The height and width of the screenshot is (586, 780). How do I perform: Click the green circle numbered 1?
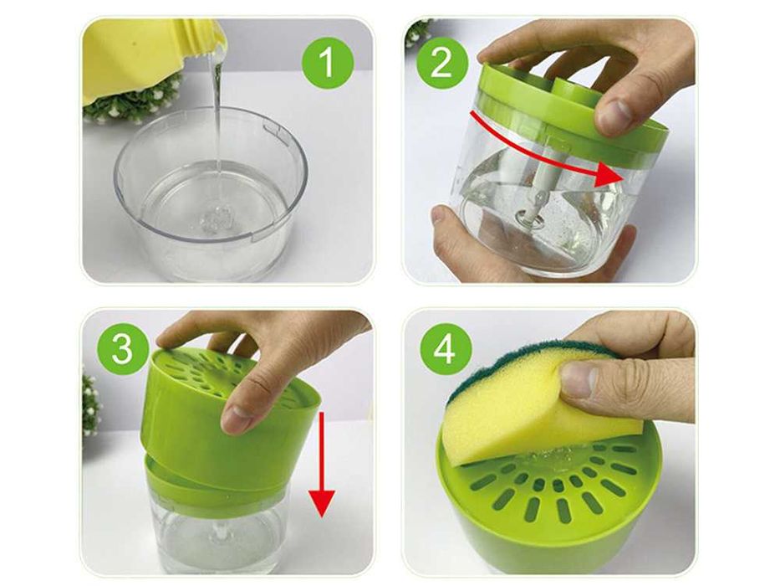point(327,63)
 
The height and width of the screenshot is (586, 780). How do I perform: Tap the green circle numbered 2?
point(441,60)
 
